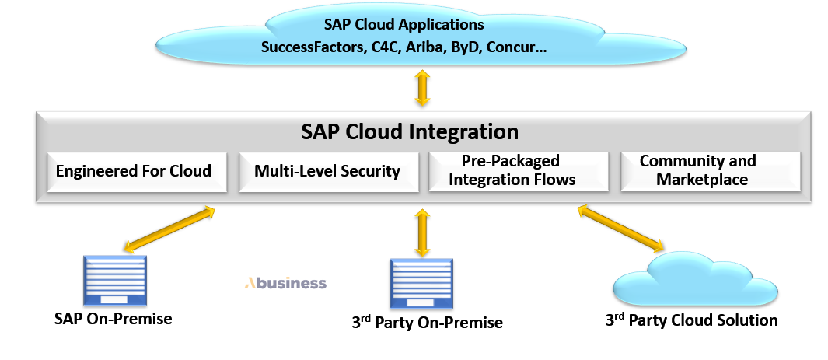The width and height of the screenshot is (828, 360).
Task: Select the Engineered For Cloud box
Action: click(x=133, y=170)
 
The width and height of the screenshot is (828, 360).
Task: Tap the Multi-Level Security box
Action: click(x=327, y=170)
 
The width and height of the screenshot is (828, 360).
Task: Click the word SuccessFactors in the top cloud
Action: click(x=311, y=47)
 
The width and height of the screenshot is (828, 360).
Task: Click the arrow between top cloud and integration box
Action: click(x=422, y=88)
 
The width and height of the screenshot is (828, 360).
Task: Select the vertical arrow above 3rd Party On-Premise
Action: click(x=422, y=232)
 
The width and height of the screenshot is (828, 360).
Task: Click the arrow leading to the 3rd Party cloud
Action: click(x=620, y=229)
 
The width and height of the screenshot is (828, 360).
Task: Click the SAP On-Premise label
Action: click(x=113, y=319)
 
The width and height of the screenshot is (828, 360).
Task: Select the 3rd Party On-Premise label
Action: click(x=427, y=322)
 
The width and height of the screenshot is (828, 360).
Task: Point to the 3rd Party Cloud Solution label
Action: click(x=691, y=320)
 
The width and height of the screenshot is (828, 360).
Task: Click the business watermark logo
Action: click(x=285, y=283)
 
